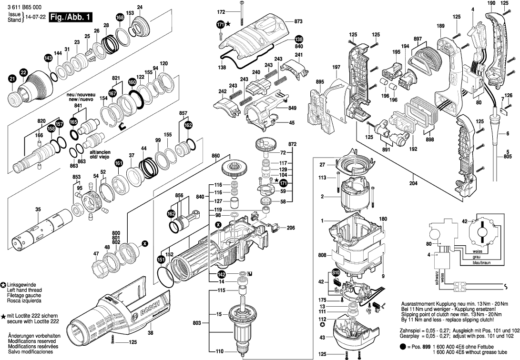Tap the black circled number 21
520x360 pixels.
12,80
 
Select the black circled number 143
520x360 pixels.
48,58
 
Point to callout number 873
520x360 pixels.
299,21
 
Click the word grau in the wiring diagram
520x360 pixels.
477,257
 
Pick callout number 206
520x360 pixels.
290,228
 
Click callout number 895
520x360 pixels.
320,82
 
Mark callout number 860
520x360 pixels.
215,156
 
